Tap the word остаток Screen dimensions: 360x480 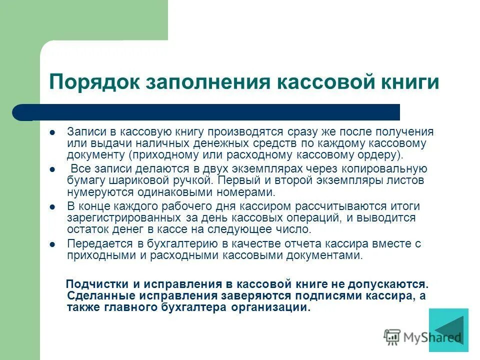click(x=84, y=229)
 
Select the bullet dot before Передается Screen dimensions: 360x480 click(x=52, y=244)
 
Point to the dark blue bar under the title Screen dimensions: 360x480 click(x=215, y=112)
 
